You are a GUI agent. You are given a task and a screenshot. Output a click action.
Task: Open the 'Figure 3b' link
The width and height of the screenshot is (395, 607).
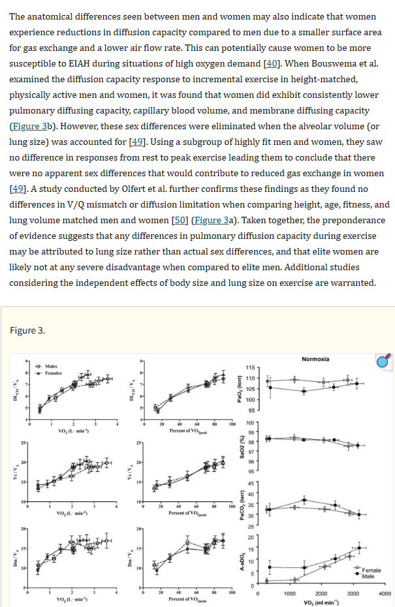tap(31, 127)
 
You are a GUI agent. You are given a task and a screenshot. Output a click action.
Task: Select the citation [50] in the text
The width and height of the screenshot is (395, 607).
tap(180, 221)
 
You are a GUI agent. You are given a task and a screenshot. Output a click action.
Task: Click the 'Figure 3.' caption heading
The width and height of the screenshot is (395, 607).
tap(27, 330)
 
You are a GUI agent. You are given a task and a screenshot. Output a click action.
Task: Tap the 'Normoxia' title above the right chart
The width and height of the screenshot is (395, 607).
tap(315, 360)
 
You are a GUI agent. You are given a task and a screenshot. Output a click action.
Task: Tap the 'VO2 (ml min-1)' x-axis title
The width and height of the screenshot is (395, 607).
tap(320, 602)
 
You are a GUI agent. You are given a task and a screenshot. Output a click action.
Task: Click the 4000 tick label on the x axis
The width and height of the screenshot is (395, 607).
tap(385, 594)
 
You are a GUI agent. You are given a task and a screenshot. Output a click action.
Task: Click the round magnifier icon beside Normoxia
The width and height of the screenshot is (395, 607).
tap(383, 362)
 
